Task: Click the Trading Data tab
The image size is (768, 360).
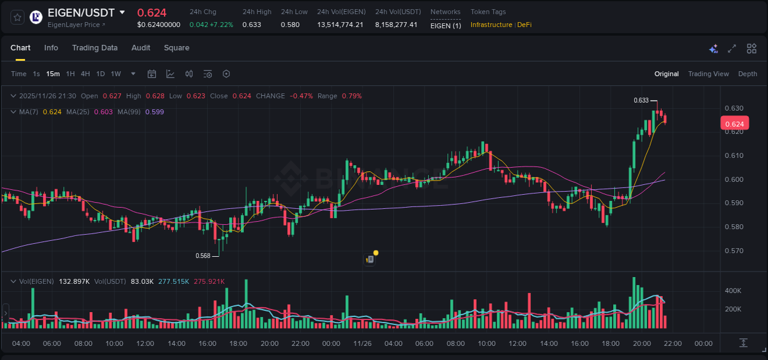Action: coord(95,48)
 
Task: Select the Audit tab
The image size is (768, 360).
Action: coord(141,48)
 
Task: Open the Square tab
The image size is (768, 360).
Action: coord(176,48)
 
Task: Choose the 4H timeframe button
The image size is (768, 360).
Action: coord(85,74)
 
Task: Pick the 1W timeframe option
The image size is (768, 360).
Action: coord(116,74)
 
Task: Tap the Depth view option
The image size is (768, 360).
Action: coord(747,74)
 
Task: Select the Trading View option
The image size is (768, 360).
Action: coord(708,74)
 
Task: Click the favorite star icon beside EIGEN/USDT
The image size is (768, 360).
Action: coord(17,17)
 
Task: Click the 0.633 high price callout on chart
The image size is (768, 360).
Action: coord(641,100)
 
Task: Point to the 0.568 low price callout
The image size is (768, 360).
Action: coord(203,256)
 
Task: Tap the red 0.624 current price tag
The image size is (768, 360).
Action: coord(734,123)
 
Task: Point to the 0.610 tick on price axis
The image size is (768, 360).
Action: coord(735,155)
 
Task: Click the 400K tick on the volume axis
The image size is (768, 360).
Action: coord(733,290)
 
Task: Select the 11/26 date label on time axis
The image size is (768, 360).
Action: coord(362,343)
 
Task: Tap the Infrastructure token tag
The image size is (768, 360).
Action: coord(491,25)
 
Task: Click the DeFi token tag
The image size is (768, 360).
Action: coord(524,25)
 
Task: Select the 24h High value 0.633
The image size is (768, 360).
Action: coord(251,25)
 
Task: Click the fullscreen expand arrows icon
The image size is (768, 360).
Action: coord(732,49)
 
